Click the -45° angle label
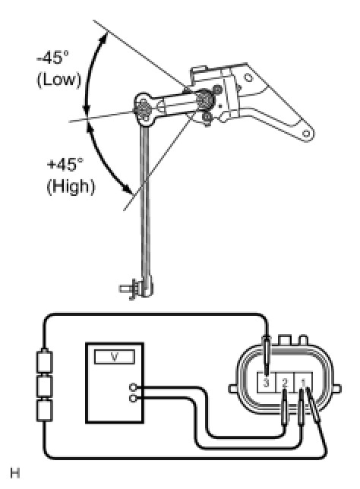(x=52, y=58)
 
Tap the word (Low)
(x=58, y=80)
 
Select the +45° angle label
(x=65, y=164)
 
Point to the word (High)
(x=71, y=187)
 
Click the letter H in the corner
(x=15, y=473)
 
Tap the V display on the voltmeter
(x=115, y=357)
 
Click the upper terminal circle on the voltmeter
(x=133, y=388)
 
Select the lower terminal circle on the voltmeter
(x=133, y=399)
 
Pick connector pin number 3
(x=266, y=383)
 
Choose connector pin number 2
(x=285, y=383)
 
